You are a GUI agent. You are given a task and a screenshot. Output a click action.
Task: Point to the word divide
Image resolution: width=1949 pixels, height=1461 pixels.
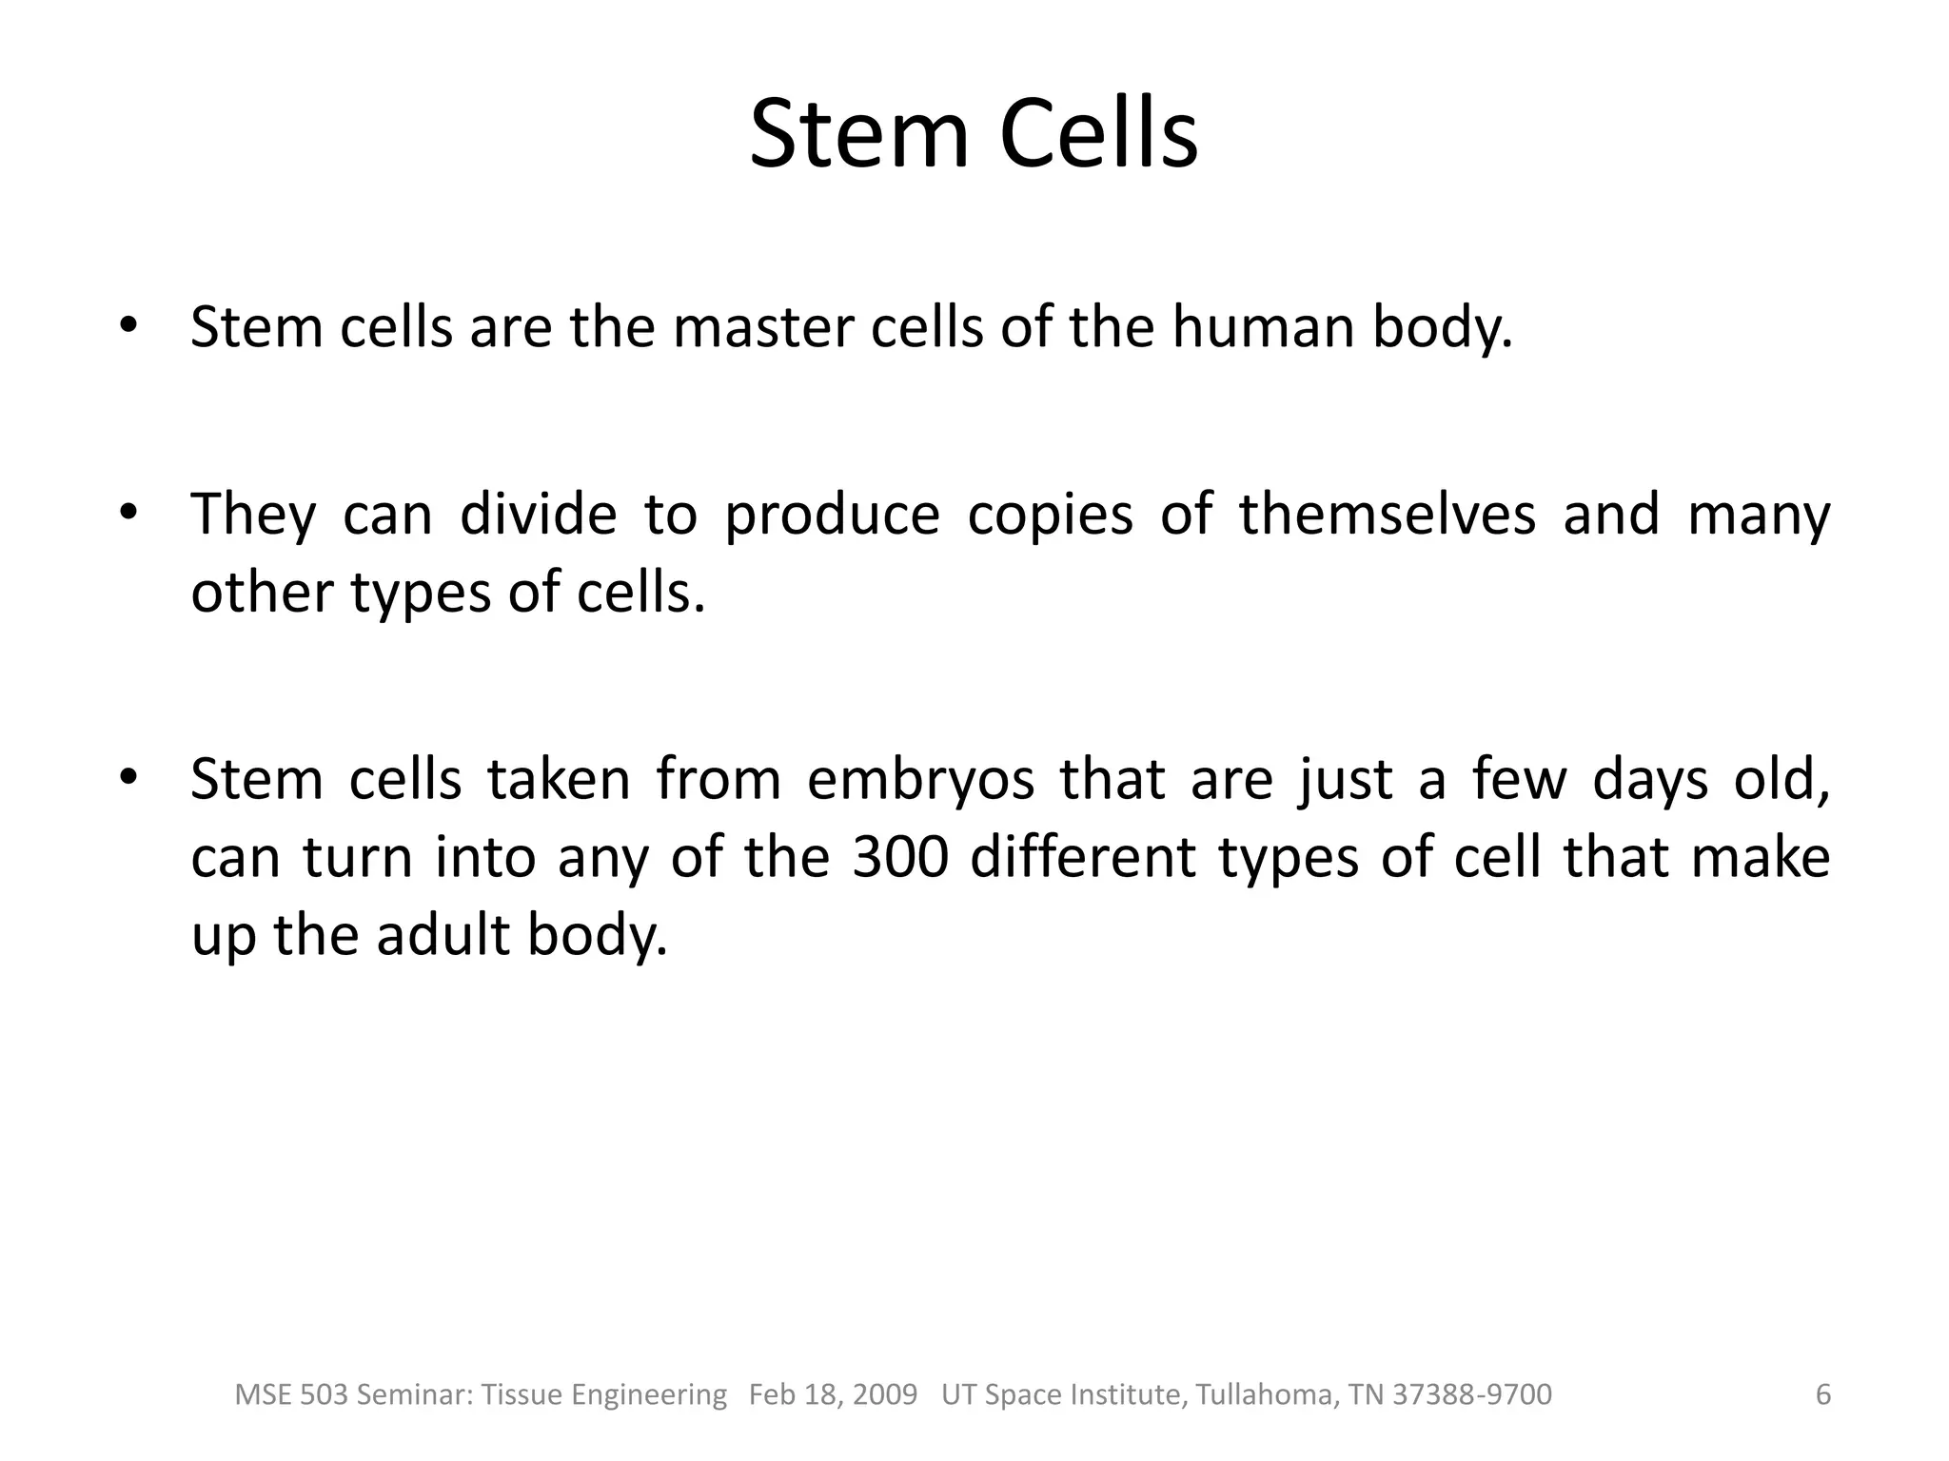[x=539, y=515]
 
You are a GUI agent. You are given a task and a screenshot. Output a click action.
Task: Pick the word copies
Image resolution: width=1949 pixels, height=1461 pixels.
[x=1051, y=515]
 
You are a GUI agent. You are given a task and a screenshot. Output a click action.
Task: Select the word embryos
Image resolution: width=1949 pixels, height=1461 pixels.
[x=920, y=779]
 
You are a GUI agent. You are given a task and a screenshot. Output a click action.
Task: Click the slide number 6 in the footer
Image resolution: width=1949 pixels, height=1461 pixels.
[x=1823, y=1394]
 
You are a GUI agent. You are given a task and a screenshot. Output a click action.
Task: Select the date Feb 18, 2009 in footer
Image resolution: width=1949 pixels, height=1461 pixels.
[x=833, y=1394]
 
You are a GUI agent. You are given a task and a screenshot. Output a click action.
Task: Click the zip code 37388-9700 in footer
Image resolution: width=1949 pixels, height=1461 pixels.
[x=1472, y=1394]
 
